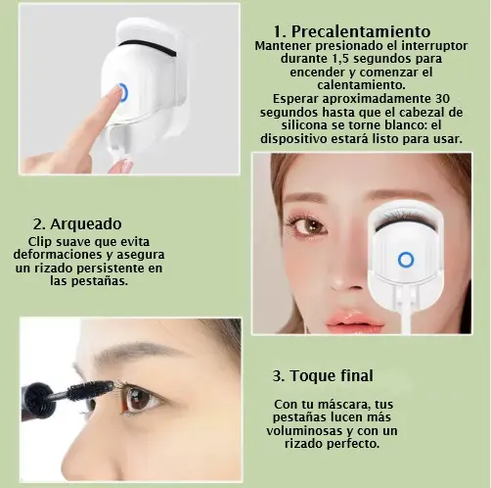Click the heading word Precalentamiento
click(361, 31)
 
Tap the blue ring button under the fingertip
click(122, 92)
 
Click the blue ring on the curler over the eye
click(406, 260)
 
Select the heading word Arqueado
click(86, 224)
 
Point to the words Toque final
click(332, 375)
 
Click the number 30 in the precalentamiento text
click(441, 98)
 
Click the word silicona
click(304, 125)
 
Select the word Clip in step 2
click(39, 242)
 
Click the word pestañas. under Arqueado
click(99, 281)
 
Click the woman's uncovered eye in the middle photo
click(309, 226)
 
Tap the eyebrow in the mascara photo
click(137, 354)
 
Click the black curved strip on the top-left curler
click(148, 46)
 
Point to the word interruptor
click(434, 45)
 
